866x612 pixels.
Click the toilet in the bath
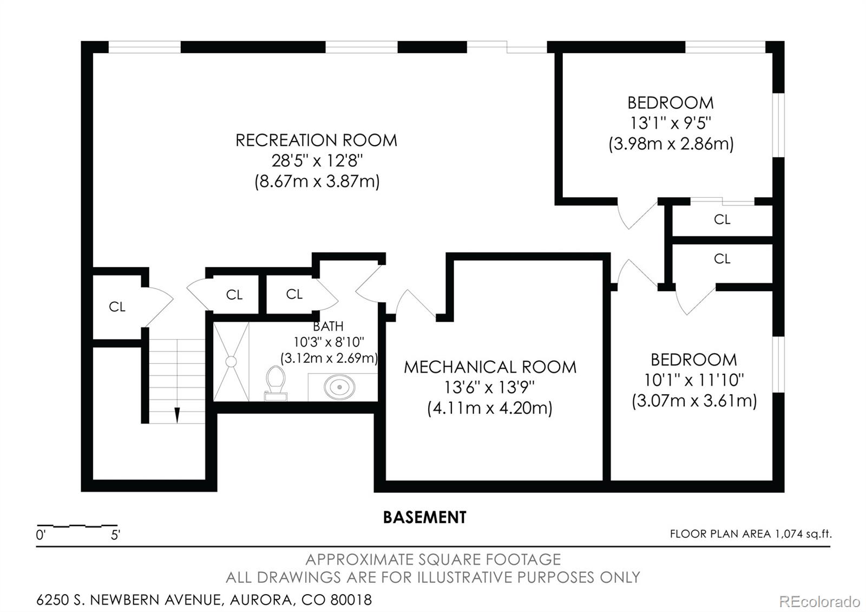[x=275, y=383]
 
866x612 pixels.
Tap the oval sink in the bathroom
[x=339, y=387]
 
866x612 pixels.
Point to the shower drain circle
[x=231, y=362]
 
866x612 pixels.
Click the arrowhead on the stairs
[x=177, y=415]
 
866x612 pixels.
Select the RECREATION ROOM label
[x=316, y=140]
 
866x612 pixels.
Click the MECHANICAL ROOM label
[x=490, y=367]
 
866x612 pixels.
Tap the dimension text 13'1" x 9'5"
[x=671, y=123]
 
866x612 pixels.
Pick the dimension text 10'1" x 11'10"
[x=694, y=380]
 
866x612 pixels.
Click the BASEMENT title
[x=424, y=517]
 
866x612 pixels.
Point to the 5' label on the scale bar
[x=115, y=535]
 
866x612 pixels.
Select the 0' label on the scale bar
[x=41, y=535]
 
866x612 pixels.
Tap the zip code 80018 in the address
[x=351, y=600]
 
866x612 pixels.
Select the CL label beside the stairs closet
[x=117, y=307]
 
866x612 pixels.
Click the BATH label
[x=328, y=327]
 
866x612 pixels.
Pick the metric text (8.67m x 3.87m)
[x=317, y=181]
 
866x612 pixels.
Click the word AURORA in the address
[x=261, y=600]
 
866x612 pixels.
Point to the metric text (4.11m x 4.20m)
[x=490, y=408]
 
